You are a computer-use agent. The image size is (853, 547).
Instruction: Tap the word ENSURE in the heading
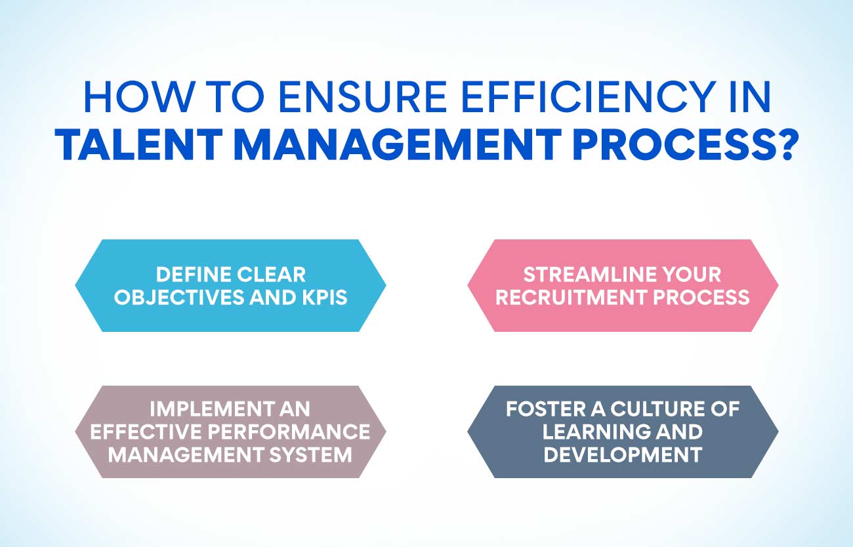point(363,96)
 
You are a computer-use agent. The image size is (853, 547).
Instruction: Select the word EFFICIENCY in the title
point(588,96)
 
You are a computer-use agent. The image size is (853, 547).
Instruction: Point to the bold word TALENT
point(138,145)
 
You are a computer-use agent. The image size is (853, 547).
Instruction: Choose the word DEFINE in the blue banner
point(192,274)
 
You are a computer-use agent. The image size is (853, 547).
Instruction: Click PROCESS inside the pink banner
point(701,297)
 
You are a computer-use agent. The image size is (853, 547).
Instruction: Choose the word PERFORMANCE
point(289,432)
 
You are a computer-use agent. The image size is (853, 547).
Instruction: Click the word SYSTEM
point(311,455)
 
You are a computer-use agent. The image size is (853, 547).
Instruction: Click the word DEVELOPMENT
point(623,455)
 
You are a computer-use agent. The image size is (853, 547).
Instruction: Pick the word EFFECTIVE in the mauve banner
point(145,432)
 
